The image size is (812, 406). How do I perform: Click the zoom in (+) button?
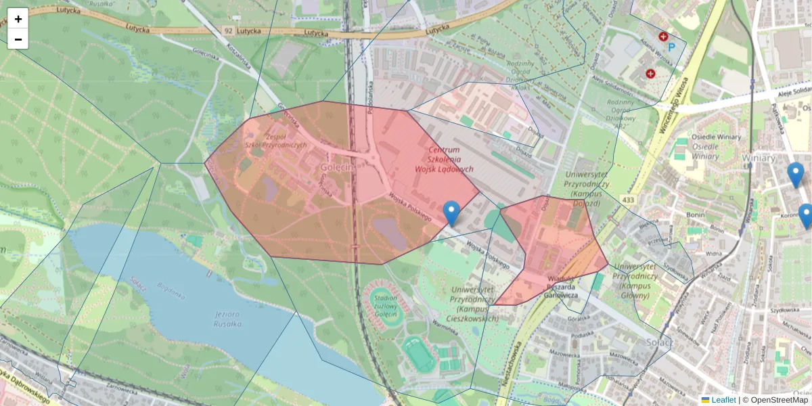[18, 19]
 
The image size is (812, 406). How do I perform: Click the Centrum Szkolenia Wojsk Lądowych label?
[443, 159]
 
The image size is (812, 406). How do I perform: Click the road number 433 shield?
[628, 200]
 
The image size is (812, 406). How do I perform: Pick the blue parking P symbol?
[672, 47]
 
